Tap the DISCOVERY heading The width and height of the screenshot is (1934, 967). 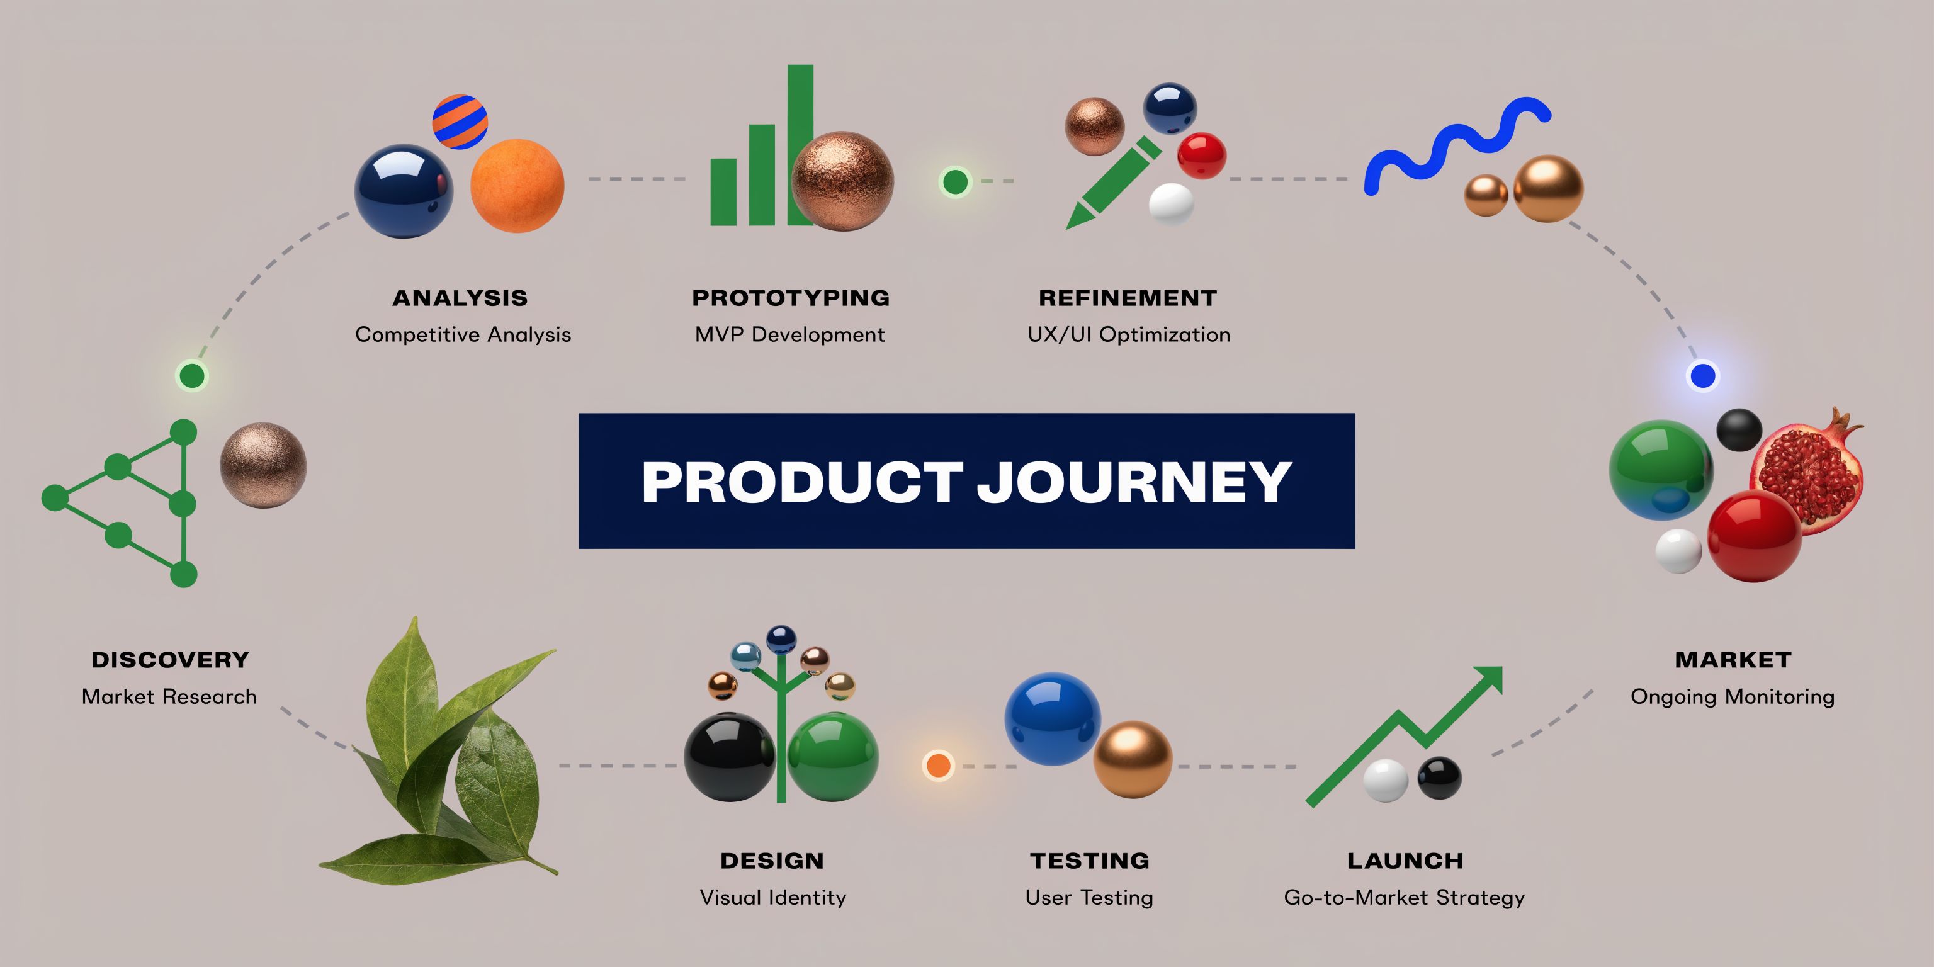coord(170,660)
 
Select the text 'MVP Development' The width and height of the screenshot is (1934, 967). coord(790,334)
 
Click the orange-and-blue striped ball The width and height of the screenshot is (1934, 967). coord(460,122)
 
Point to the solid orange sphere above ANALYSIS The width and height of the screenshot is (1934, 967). coord(517,186)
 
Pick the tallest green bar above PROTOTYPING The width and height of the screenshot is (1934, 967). coord(800,144)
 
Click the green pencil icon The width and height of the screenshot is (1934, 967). coord(1111,183)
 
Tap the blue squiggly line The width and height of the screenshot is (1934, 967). coord(1457,145)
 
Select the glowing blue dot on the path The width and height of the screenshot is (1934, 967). coord(1703,375)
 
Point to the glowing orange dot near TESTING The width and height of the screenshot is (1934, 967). coord(937,765)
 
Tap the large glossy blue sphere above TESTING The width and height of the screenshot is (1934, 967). coord(1053,718)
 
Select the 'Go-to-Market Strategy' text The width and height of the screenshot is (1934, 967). coord(1404,897)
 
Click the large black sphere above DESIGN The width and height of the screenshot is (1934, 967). coord(730,757)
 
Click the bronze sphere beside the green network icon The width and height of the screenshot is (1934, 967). coord(263,465)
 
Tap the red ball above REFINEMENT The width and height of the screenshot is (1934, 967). coord(1201,156)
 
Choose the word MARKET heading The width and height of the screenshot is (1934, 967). coord(1733,660)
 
